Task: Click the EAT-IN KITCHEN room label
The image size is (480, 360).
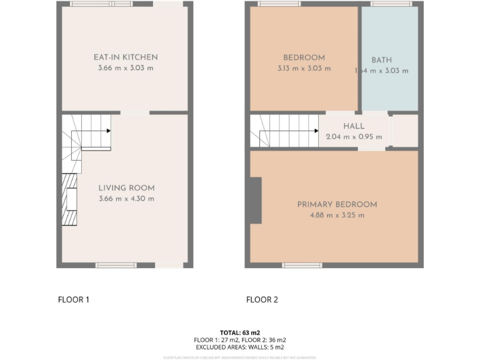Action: [126, 57]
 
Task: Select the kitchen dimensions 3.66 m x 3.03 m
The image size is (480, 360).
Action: [126, 68]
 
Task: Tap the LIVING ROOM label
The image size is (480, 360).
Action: [126, 187]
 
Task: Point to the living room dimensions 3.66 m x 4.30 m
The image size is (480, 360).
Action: [126, 199]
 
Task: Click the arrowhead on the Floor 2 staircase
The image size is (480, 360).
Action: [316, 131]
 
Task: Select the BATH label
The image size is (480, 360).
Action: [381, 60]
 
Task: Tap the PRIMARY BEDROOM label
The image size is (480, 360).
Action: [337, 204]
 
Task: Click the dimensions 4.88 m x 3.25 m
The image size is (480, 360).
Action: [337, 215]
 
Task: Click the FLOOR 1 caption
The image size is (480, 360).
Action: [74, 299]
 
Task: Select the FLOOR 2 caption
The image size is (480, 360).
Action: [262, 299]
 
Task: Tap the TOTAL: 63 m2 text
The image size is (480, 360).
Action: [240, 332]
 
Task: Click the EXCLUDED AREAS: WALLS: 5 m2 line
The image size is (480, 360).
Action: [240, 347]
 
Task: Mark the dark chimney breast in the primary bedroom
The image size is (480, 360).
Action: [255, 200]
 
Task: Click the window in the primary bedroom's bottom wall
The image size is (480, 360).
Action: [302, 266]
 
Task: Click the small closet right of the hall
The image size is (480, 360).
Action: [404, 131]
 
